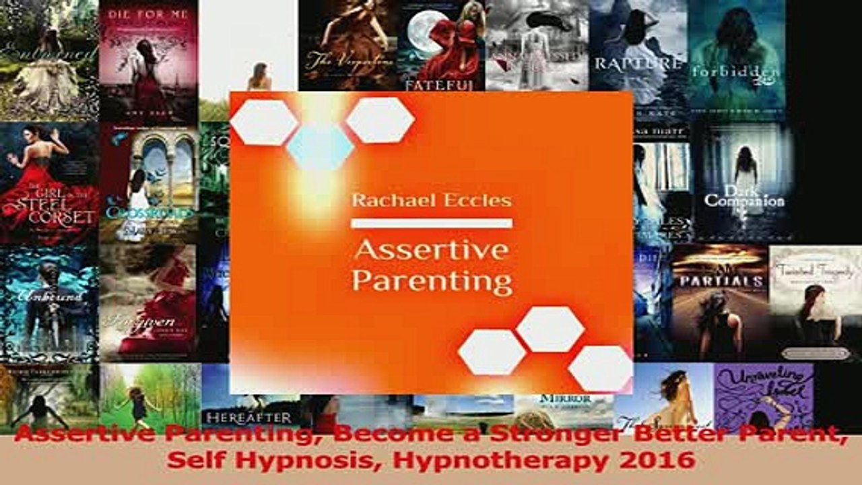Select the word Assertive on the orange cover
point(432,250)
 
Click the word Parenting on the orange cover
point(432,280)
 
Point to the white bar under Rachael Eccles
point(432,223)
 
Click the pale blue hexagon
point(320,146)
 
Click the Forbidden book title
point(735,72)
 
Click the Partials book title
point(720,281)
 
